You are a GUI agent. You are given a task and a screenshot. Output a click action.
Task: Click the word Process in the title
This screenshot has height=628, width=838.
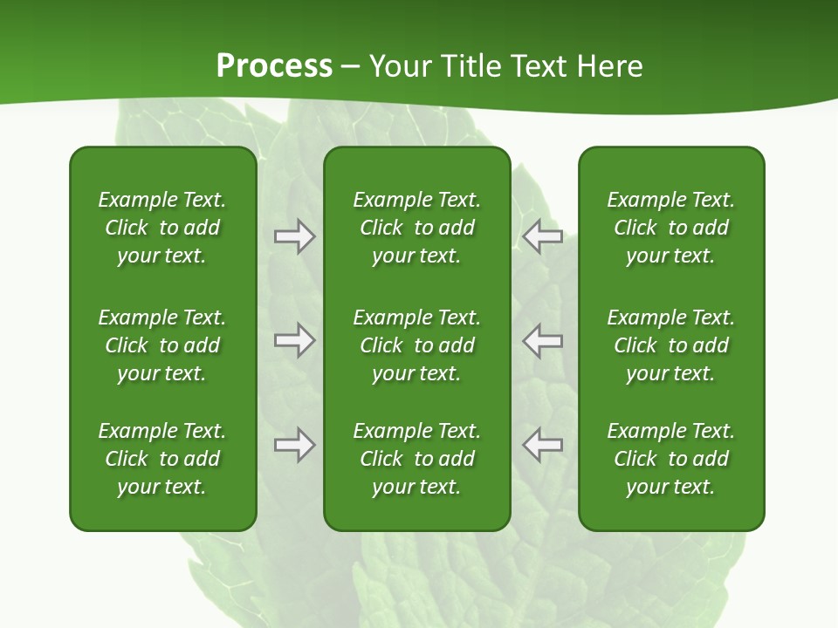pyautogui.click(x=274, y=66)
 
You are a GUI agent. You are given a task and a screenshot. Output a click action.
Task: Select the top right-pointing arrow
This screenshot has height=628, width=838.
pyautogui.click(x=295, y=235)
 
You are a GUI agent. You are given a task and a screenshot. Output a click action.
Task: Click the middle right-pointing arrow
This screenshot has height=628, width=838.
pyautogui.click(x=295, y=340)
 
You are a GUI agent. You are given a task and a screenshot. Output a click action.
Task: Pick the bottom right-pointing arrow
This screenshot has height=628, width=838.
pyautogui.click(x=295, y=445)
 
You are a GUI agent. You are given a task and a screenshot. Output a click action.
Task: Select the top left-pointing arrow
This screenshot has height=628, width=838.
pyautogui.click(x=542, y=235)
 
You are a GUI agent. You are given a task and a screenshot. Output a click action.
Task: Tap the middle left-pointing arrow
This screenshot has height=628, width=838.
pyautogui.click(x=542, y=340)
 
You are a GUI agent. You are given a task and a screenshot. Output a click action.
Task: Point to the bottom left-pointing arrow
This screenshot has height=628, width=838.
pyautogui.click(x=542, y=445)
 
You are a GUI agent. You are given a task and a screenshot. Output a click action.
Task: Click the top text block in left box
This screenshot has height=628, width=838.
pyautogui.click(x=162, y=228)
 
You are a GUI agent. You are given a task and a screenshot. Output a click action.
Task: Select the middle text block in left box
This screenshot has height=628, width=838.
pyautogui.click(x=162, y=345)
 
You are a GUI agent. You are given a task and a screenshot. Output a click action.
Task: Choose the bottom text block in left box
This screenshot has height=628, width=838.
pyautogui.click(x=162, y=459)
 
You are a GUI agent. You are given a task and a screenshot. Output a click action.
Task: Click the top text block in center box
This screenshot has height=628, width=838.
pyautogui.click(x=417, y=228)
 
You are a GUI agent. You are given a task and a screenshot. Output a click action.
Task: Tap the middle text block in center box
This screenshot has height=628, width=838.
pyautogui.click(x=417, y=345)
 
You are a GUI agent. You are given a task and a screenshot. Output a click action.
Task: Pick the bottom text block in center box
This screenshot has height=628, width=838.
pyautogui.click(x=417, y=459)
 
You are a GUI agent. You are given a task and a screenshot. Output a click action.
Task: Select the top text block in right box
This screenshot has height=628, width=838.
pyautogui.click(x=671, y=228)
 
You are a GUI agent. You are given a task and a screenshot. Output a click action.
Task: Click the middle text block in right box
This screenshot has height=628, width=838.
pyautogui.click(x=671, y=345)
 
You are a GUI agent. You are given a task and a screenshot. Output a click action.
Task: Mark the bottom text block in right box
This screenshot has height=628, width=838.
pyautogui.click(x=671, y=459)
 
